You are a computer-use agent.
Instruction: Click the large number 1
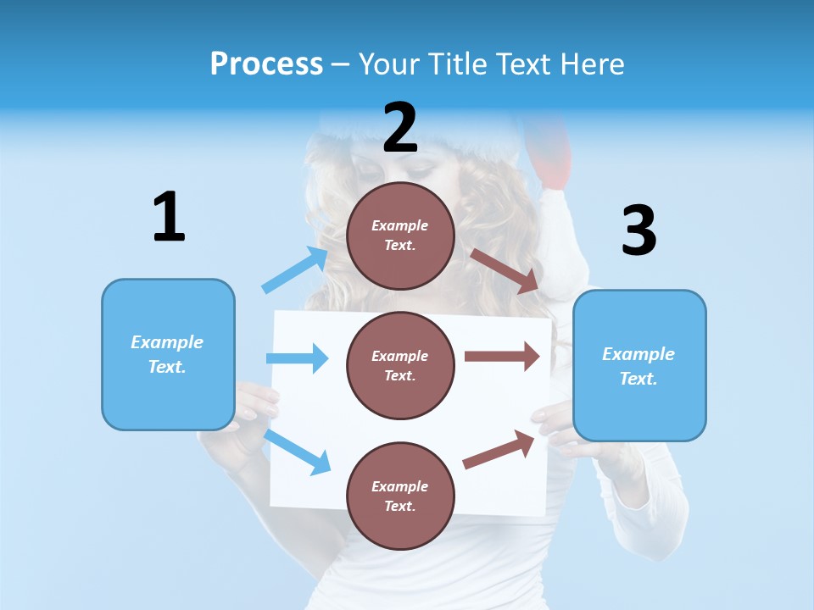point(169,217)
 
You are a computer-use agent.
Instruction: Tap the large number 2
point(400,129)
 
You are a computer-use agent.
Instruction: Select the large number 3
point(638,230)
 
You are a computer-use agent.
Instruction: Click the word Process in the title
point(266,64)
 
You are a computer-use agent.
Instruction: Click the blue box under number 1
point(168,354)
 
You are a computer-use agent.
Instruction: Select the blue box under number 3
point(639,366)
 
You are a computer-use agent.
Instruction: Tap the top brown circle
point(400,236)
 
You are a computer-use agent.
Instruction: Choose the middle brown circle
point(400,365)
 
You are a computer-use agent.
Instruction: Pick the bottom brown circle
point(400,496)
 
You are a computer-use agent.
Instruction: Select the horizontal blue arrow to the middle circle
point(297,358)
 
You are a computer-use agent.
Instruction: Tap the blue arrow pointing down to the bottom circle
point(298,452)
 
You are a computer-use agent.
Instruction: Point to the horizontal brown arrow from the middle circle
point(502,356)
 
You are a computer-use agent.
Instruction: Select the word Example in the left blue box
point(167,342)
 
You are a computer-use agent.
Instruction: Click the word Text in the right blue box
point(638,379)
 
